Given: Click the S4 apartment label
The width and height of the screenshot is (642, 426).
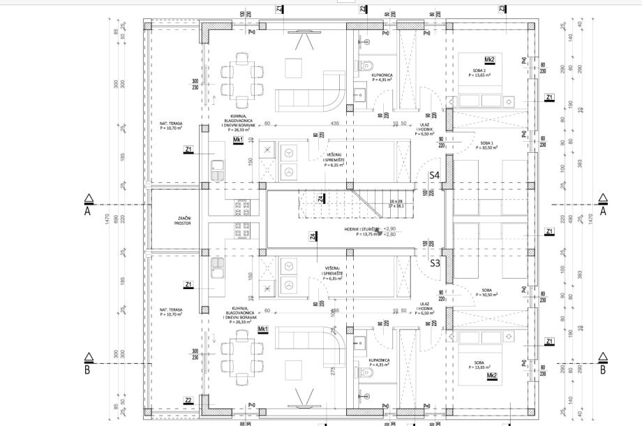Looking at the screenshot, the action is click(434, 175).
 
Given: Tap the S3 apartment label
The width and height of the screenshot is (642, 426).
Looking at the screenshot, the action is click(434, 263).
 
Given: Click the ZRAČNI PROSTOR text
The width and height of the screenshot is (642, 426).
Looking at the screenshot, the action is click(183, 221).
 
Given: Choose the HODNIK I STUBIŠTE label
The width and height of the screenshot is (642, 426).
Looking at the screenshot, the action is click(360, 232).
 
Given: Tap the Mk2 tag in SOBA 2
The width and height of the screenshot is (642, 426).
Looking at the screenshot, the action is click(490, 60).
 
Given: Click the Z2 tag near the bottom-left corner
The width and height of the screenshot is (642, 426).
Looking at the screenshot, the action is click(188, 400).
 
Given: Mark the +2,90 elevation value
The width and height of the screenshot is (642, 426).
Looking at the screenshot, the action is click(389, 228).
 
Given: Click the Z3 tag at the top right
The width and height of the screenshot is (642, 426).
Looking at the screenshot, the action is click(502, 8).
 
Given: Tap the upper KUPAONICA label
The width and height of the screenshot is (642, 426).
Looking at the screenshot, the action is click(381, 75).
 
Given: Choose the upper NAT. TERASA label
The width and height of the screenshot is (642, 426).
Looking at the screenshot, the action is click(171, 125).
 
